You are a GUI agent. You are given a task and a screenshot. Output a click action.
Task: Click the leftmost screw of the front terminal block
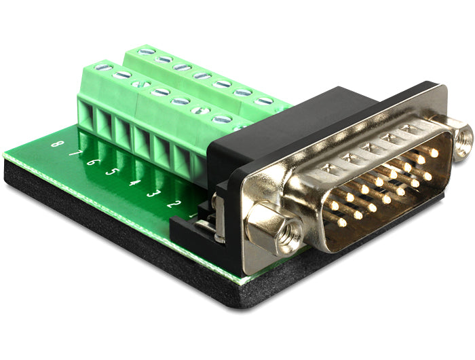coord(103,67)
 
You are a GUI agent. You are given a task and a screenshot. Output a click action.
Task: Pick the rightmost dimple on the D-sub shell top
coord(406,128)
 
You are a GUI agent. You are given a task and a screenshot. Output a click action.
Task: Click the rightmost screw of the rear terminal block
coord(264,101)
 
